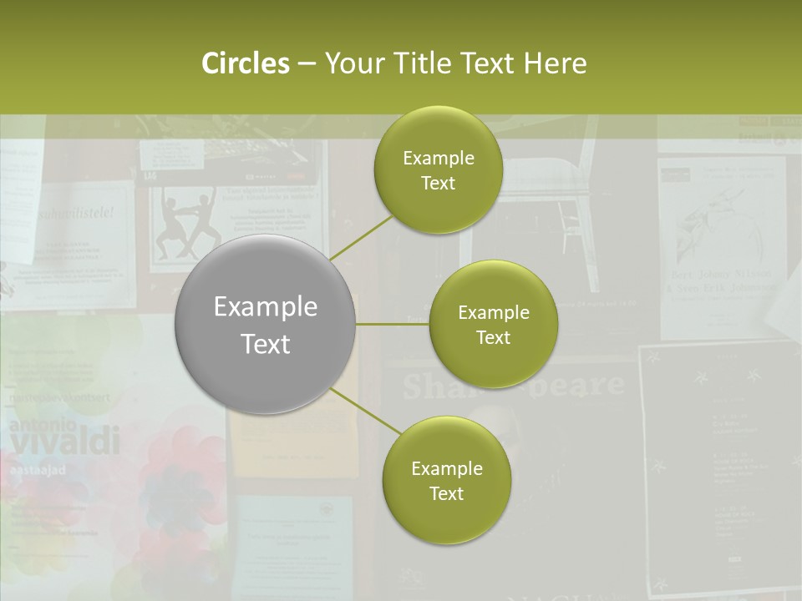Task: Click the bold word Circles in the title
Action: click(245, 63)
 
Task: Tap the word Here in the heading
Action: click(555, 63)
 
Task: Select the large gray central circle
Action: click(266, 325)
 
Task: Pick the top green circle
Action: click(438, 170)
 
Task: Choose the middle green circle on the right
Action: click(493, 325)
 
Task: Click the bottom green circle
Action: click(446, 480)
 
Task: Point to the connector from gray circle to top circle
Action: click(361, 238)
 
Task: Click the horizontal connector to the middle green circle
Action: click(393, 324)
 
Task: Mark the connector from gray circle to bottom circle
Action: click(365, 412)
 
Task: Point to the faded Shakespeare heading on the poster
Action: click(513, 386)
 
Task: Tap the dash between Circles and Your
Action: click(307, 63)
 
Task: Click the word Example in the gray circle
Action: click(266, 307)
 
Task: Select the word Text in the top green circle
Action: click(438, 183)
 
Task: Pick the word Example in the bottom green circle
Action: click(446, 468)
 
